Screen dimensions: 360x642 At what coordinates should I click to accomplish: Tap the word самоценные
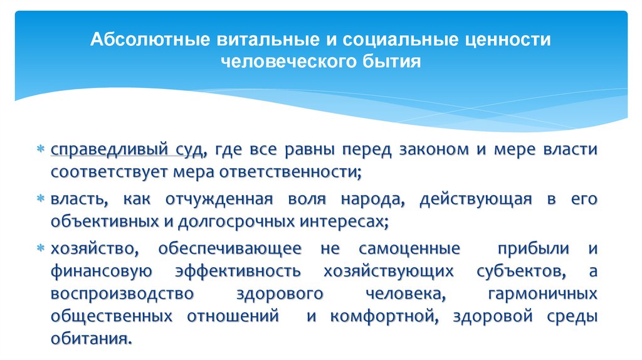click(x=409, y=248)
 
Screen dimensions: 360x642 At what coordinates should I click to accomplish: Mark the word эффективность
click(x=239, y=271)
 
